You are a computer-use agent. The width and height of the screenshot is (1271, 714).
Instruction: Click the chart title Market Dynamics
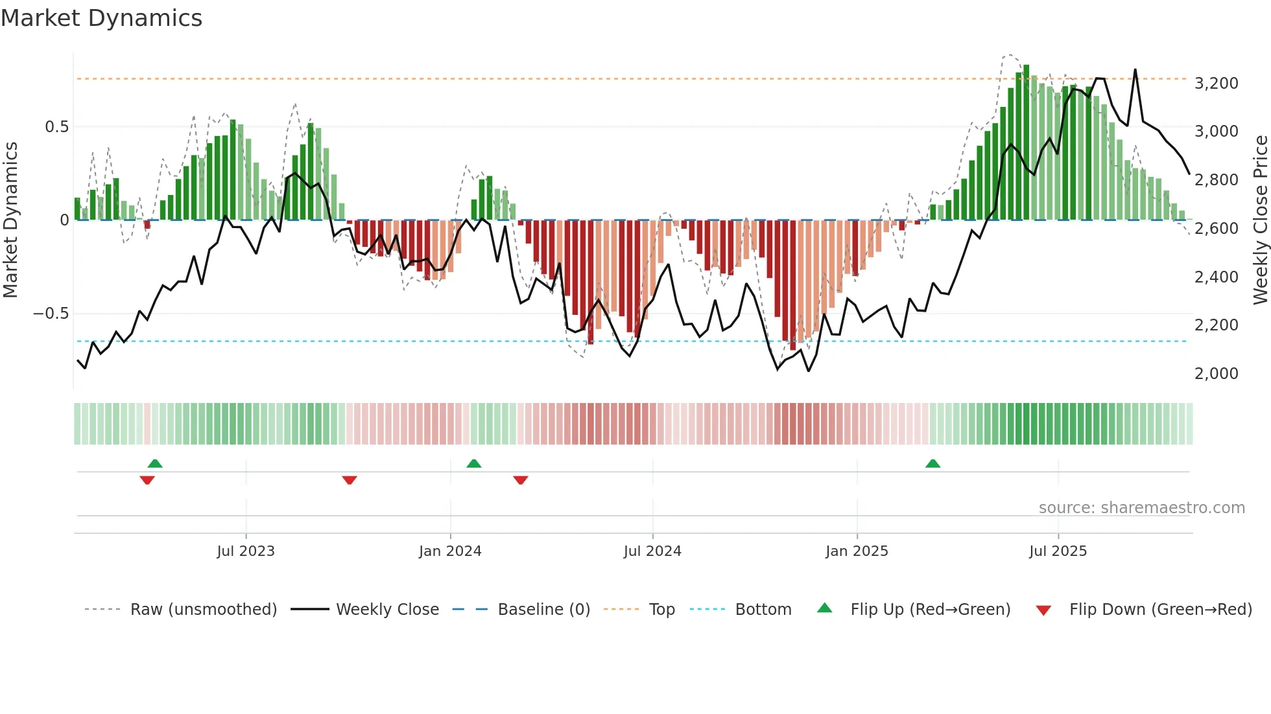coord(101,18)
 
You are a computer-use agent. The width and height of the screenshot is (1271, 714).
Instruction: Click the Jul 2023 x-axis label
coord(246,551)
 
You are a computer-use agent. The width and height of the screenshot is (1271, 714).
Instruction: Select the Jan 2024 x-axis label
coord(450,551)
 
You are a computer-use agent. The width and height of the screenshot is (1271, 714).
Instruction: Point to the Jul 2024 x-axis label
coord(652,551)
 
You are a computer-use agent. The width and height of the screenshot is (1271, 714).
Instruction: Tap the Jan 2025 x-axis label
coord(857,551)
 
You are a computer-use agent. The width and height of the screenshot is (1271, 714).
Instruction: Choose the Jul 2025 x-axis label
coord(1058,551)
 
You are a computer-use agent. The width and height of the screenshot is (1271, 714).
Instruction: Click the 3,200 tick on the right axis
coord(1216,84)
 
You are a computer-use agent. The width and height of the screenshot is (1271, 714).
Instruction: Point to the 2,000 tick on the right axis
coord(1216,374)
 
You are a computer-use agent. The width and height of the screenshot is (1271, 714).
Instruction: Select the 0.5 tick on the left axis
coord(56,127)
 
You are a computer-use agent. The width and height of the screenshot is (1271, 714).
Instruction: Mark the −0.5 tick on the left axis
coord(51,314)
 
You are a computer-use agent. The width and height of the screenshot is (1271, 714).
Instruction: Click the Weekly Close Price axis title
coord(1260,220)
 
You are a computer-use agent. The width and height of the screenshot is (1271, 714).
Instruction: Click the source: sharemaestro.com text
coord(1141,508)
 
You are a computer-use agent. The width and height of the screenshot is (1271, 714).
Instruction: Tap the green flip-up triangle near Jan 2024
coord(474,464)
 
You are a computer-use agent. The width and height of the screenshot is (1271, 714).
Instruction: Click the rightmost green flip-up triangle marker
coord(932,464)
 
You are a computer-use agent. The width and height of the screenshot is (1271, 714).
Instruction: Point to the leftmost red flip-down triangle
coord(147,479)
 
